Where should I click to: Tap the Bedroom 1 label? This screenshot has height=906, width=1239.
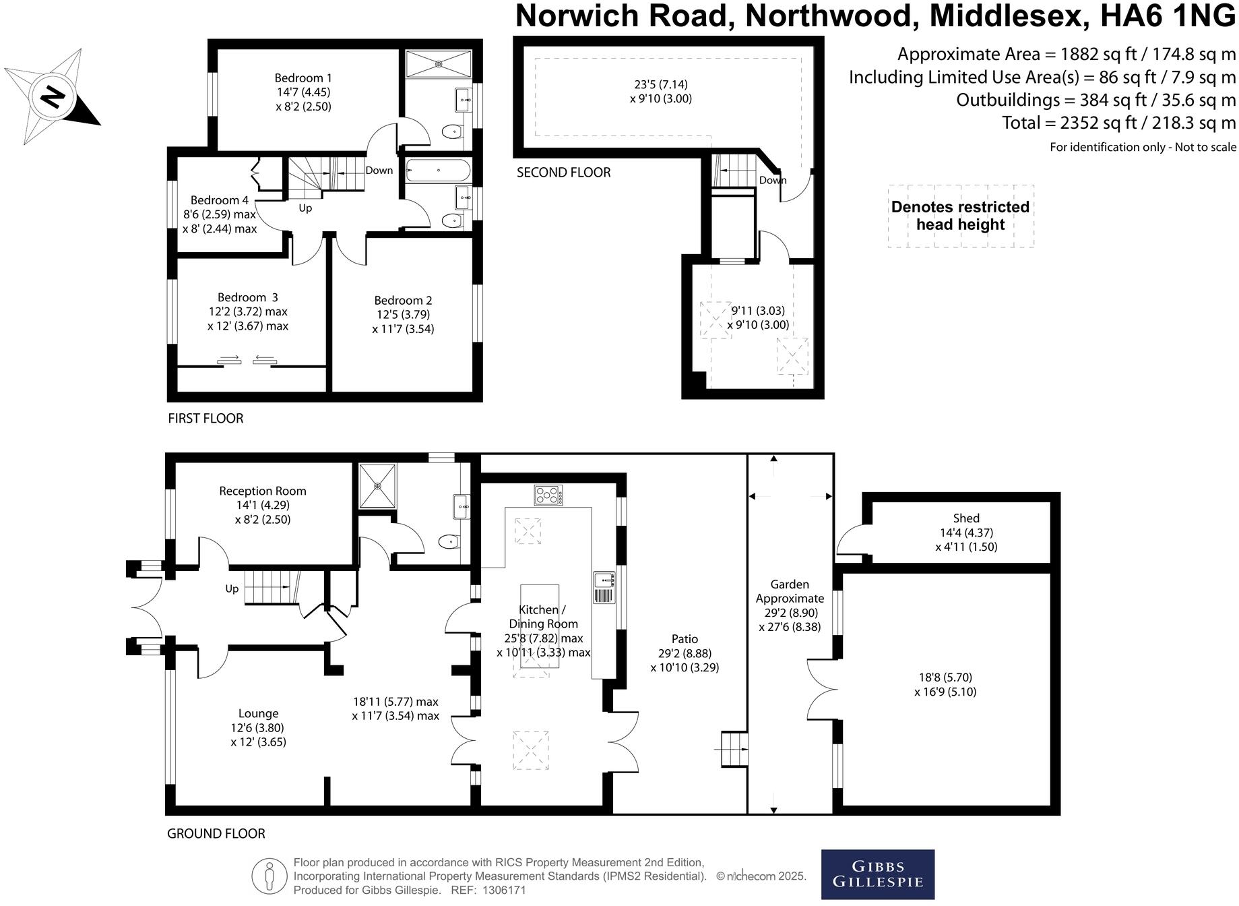point(303,78)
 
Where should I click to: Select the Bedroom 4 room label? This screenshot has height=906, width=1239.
point(220,200)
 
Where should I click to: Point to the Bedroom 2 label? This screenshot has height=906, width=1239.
point(403,301)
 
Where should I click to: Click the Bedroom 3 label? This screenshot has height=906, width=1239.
point(247,297)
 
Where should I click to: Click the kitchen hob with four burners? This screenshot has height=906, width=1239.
point(548,495)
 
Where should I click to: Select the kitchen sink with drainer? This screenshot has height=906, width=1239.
point(604,587)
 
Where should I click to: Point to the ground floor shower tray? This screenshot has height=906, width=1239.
point(378,485)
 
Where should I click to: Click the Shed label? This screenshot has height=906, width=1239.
point(966,518)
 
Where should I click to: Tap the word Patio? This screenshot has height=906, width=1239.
point(685,639)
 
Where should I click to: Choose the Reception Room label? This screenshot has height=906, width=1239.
point(263,491)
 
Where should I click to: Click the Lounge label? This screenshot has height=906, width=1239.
point(258,714)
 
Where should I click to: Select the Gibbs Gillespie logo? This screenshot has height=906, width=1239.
point(878,874)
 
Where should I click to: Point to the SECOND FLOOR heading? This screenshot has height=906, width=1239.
point(564,173)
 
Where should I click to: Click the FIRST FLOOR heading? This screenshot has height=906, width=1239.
point(205,419)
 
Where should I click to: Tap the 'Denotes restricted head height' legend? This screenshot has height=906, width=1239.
point(961,216)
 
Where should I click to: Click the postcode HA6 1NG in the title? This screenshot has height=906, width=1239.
point(1168,16)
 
